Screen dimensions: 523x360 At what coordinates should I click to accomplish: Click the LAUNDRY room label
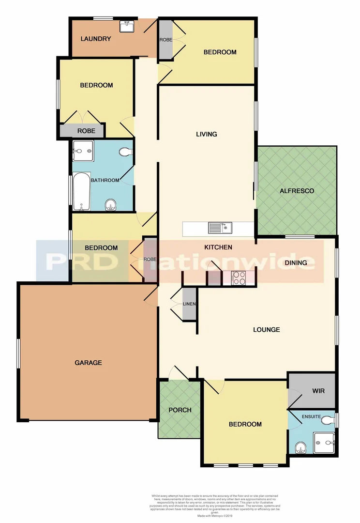coord(96,39)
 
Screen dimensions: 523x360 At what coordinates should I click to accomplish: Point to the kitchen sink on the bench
coord(220,227)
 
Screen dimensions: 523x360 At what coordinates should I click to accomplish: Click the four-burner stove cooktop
coord(239,277)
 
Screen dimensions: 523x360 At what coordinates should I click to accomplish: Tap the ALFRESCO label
coord(297,191)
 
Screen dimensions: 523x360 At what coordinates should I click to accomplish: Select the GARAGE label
coord(88,362)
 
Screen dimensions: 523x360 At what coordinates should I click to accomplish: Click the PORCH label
coord(180,410)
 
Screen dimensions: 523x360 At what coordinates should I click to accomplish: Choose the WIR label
coord(318,390)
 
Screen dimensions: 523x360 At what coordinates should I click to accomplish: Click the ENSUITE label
coord(311,416)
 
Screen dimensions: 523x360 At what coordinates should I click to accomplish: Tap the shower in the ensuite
coord(324,443)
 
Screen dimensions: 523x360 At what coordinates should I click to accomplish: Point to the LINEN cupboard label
coord(189,304)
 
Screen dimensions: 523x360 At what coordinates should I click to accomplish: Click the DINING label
coord(296,263)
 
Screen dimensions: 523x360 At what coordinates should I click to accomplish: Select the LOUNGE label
coord(267,330)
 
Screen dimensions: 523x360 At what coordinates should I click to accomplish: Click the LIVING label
coord(207,134)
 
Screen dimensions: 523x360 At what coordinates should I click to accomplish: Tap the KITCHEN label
coord(218,247)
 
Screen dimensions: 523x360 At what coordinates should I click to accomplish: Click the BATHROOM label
coord(105,180)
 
